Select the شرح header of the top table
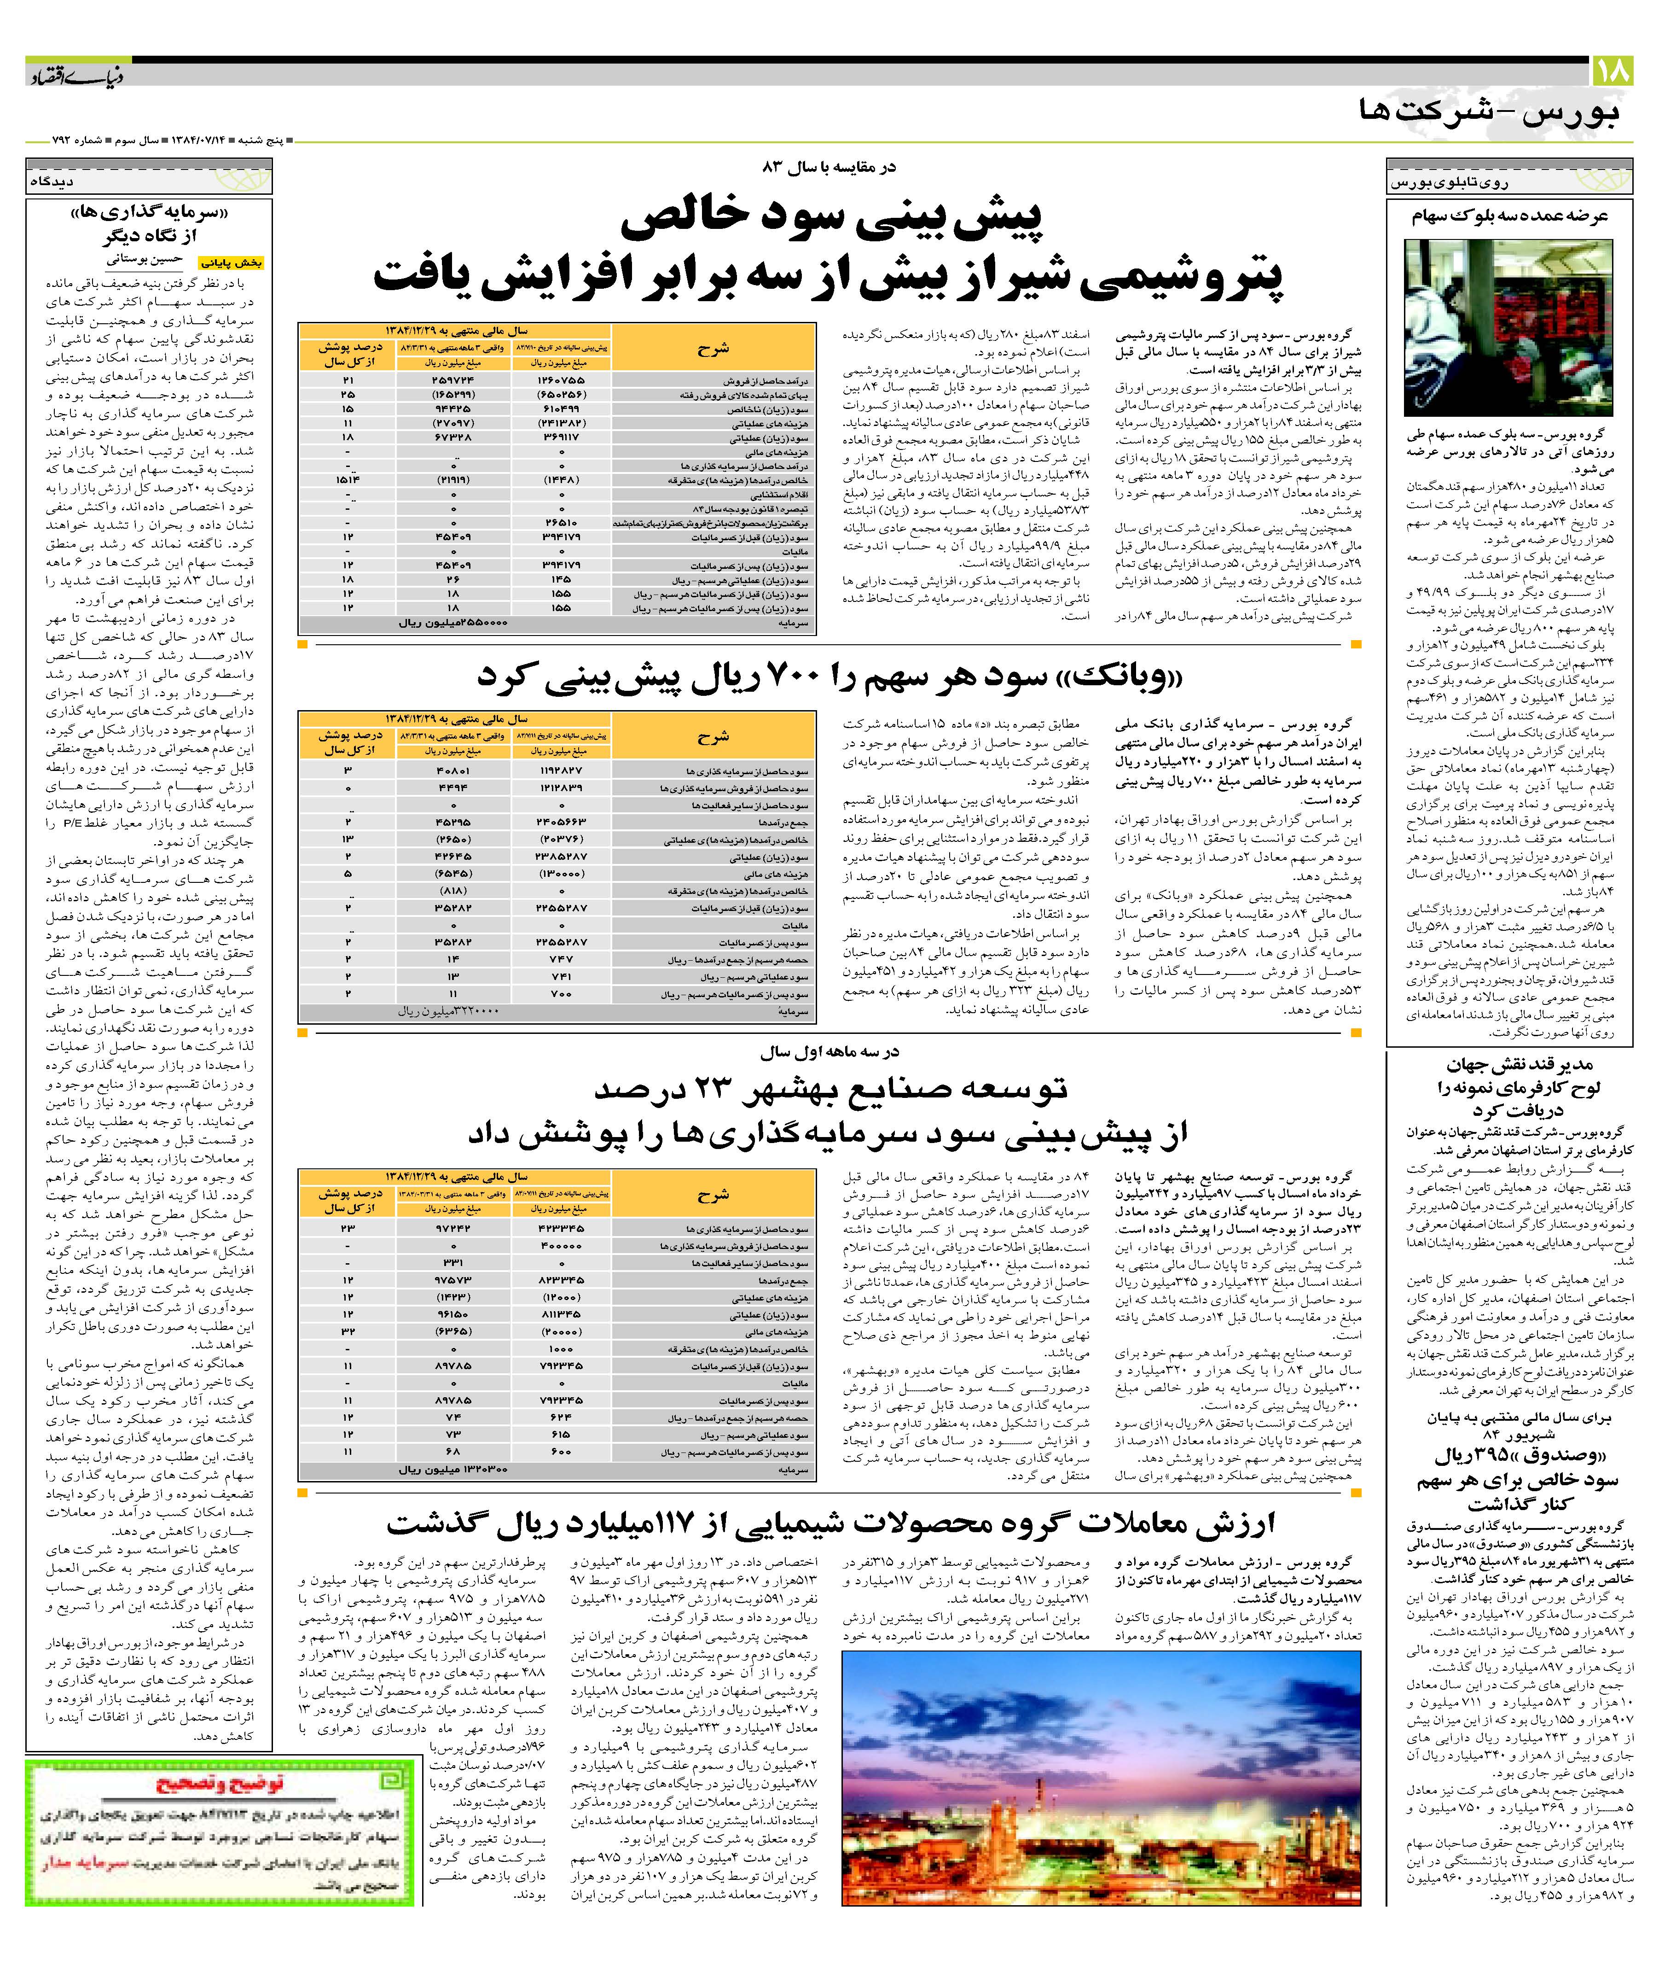(x=713, y=349)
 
